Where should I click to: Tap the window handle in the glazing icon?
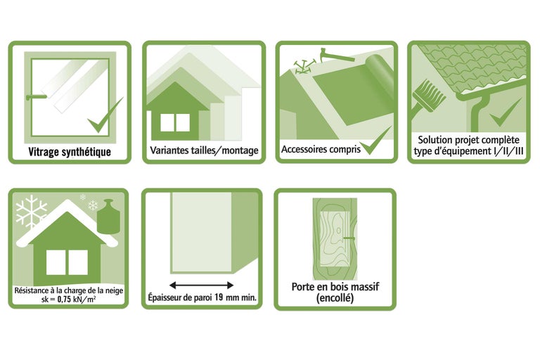(36, 97)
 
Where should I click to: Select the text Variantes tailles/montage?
(204, 150)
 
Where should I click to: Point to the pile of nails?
(303, 67)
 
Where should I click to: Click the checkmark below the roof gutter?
(505, 112)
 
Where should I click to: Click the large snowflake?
(31, 211)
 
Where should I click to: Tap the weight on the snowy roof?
(108, 216)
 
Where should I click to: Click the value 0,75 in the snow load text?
(65, 300)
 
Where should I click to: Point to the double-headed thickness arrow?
(202, 285)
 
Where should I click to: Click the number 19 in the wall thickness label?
(219, 297)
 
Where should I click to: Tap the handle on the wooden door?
(349, 238)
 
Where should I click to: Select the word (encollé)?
(335, 298)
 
